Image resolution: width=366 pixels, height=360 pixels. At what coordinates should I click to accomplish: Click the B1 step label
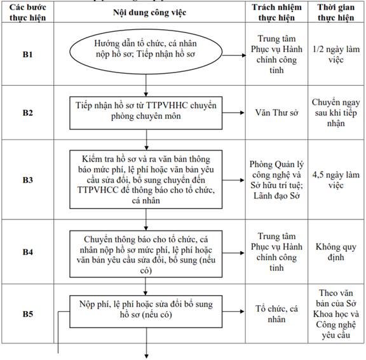(x=27, y=55)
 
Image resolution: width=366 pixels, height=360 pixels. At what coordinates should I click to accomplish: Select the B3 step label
(x=27, y=180)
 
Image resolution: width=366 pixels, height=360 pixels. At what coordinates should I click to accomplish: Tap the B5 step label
(x=27, y=314)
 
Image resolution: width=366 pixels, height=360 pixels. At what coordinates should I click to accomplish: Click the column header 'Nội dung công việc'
(x=149, y=12)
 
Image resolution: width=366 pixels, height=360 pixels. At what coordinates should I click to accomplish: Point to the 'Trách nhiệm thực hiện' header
(x=276, y=12)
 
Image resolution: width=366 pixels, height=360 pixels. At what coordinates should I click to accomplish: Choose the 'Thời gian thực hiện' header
(x=336, y=12)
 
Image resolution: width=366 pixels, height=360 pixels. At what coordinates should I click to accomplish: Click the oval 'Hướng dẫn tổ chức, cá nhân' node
(x=146, y=52)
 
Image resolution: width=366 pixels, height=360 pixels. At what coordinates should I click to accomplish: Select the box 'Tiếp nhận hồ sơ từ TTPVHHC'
(x=146, y=113)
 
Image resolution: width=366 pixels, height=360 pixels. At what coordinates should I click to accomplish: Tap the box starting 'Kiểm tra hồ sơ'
(x=146, y=179)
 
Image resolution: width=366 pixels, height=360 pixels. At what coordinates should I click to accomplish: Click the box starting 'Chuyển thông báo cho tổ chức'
(x=146, y=254)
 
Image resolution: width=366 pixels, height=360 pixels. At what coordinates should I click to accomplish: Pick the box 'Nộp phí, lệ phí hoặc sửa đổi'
(x=146, y=312)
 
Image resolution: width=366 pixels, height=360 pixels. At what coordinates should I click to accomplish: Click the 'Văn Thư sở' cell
(x=276, y=113)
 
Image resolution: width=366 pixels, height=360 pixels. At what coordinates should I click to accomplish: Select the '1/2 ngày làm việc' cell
(x=336, y=55)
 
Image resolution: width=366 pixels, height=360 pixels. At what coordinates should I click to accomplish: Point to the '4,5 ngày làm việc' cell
(x=336, y=180)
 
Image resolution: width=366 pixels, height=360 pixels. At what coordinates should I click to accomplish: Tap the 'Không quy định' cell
(x=336, y=252)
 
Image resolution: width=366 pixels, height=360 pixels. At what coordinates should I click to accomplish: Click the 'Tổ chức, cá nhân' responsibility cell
(x=276, y=314)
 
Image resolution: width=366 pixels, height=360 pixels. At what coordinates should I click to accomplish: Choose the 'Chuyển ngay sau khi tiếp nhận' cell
(x=336, y=113)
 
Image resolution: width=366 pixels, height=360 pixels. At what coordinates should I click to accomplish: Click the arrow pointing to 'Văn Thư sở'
(x=233, y=113)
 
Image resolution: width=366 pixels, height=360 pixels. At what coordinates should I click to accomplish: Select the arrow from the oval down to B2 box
(x=146, y=85)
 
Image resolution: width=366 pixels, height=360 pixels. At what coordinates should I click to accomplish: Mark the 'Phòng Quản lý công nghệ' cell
(x=276, y=180)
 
